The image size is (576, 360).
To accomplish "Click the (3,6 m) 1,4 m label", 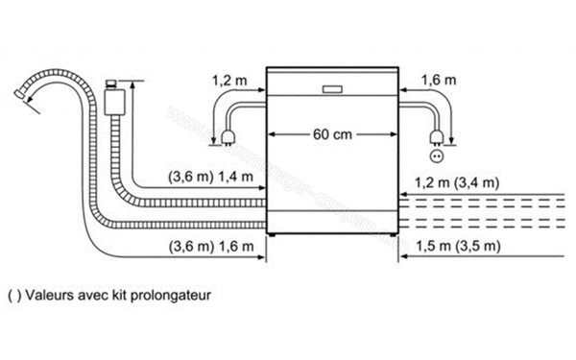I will click(x=209, y=178).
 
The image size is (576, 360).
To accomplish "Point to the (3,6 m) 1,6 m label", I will click(x=209, y=247).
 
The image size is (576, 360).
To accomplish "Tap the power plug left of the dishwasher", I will click(x=230, y=137).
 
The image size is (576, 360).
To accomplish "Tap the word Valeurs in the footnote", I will click(x=49, y=296).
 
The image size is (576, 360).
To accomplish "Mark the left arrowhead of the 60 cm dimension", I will click(x=271, y=134).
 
